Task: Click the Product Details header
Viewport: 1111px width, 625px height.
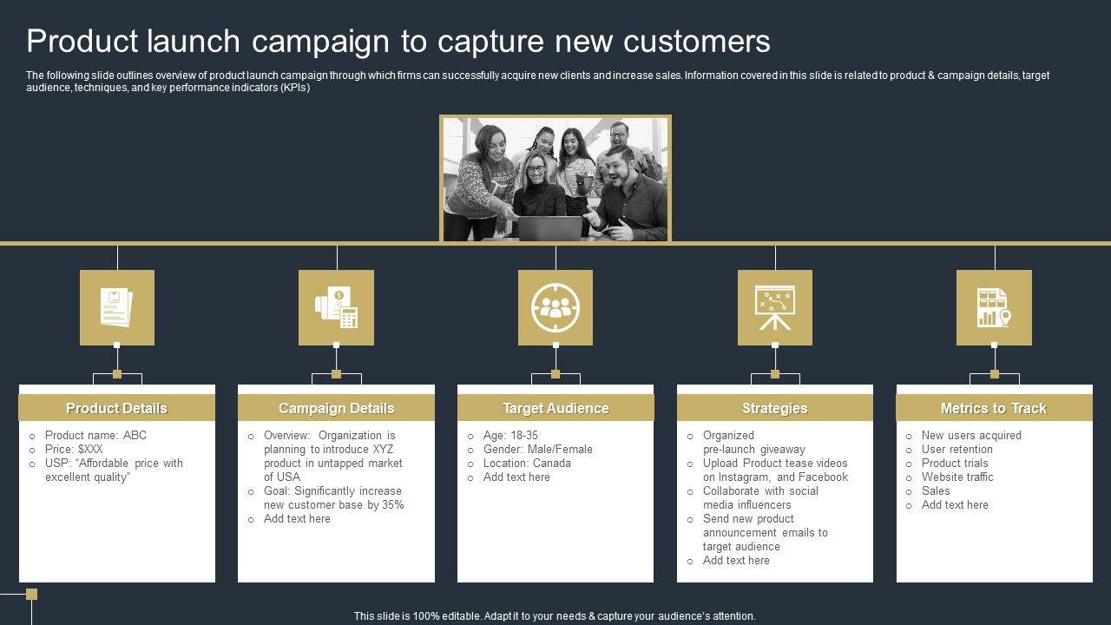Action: [x=116, y=408]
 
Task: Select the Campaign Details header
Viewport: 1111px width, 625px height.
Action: [x=336, y=408]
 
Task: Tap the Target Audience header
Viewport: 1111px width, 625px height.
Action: [x=555, y=408]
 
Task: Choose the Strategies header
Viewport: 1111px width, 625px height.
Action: [x=774, y=408]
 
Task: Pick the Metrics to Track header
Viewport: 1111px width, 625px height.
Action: [x=994, y=408]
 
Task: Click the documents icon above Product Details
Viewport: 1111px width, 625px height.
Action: [x=116, y=307]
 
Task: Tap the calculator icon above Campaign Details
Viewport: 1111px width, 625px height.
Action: [x=336, y=307]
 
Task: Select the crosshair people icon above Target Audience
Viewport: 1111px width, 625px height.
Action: [x=555, y=307]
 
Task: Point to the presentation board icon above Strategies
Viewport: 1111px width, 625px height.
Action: [x=774, y=307]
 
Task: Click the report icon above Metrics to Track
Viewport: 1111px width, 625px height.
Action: [x=994, y=307]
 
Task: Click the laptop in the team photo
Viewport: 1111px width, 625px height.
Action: [x=550, y=228]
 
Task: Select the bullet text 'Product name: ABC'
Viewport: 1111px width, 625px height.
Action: [x=95, y=435]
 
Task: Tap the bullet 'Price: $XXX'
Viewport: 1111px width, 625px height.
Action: [x=74, y=449]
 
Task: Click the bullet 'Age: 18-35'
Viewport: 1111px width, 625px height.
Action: [x=510, y=435]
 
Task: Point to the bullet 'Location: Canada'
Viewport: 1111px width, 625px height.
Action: [x=527, y=463]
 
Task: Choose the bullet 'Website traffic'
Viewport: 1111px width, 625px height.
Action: [x=957, y=477]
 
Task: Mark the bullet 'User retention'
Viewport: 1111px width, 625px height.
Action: [x=957, y=449]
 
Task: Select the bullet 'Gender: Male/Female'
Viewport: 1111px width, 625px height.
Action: [x=537, y=449]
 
